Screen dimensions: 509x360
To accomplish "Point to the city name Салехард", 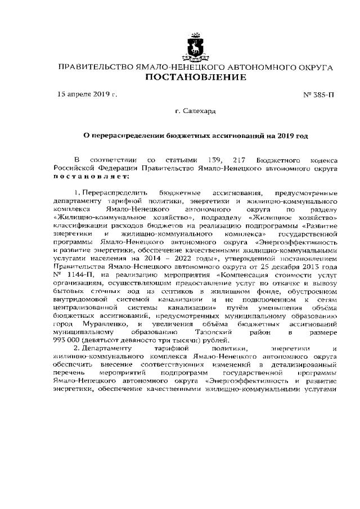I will pos(200,112).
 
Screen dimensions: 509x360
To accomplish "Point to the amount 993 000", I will pos(66,340).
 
